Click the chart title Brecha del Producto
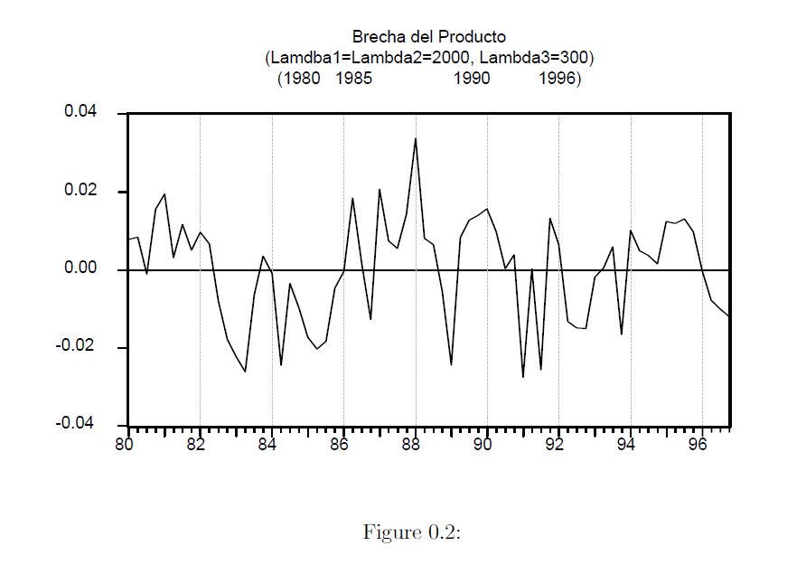click(x=429, y=37)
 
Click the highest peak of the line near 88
click(x=415, y=138)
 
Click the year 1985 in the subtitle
click(x=354, y=79)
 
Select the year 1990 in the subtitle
click(x=472, y=79)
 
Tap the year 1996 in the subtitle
click(x=557, y=79)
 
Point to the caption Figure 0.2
click(x=412, y=532)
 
